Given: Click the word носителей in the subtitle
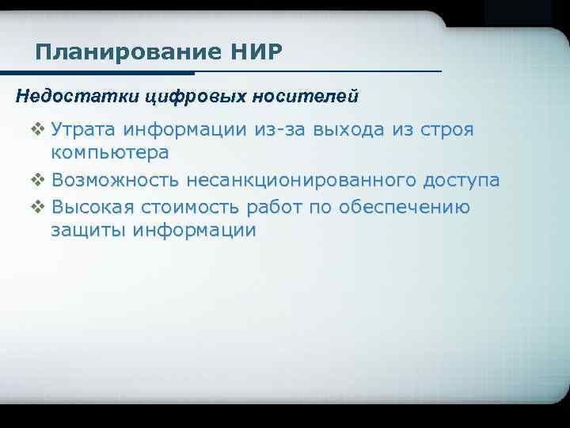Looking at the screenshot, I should pyautogui.click(x=306, y=97).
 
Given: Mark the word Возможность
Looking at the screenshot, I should pyautogui.click(x=116, y=181).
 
